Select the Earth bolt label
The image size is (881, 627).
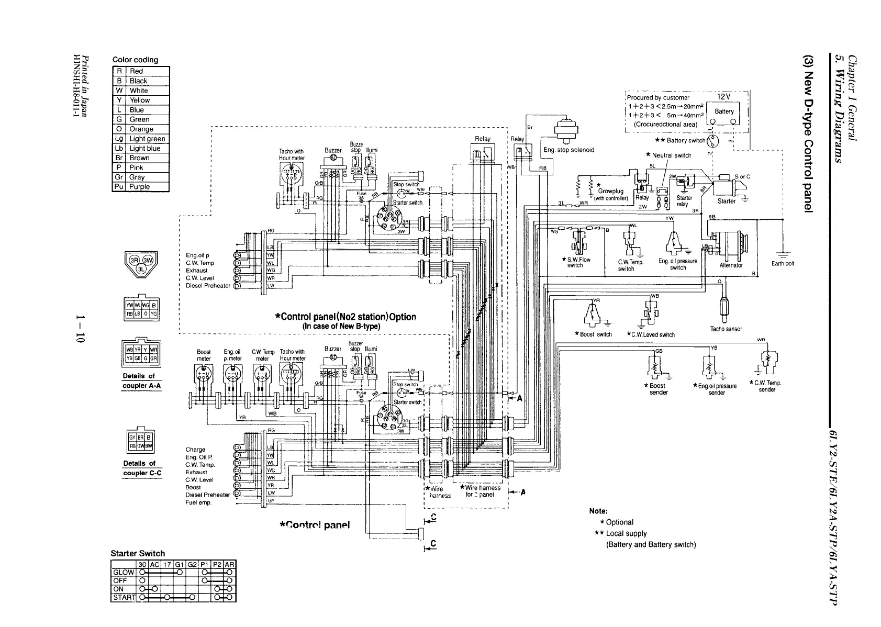pyautogui.click(x=783, y=263)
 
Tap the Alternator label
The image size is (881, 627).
pyautogui.click(x=731, y=265)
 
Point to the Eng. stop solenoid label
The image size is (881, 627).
pyautogui.click(x=568, y=150)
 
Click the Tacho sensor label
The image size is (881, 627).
pyautogui.click(x=726, y=329)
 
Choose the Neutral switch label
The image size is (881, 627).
pyautogui.click(x=671, y=155)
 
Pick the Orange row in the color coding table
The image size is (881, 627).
pyautogui.click(x=141, y=129)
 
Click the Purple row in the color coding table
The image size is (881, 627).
pyautogui.click(x=141, y=187)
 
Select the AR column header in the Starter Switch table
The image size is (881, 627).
pyautogui.click(x=229, y=565)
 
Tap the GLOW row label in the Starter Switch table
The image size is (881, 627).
pyautogui.click(x=124, y=572)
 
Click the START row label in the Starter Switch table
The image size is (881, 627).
pyautogui.click(x=124, y=597)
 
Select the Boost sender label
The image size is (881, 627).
pyautogui.click(x=658, y=389)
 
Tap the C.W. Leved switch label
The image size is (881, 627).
pyautogui.click(x=653, y=335)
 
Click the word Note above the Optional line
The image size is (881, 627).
pyautogui.click(x=598, y=511)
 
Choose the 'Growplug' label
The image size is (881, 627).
pyautogui.click(x=610, y=191)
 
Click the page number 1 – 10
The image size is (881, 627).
pyautogui.click(x=80, y=329)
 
